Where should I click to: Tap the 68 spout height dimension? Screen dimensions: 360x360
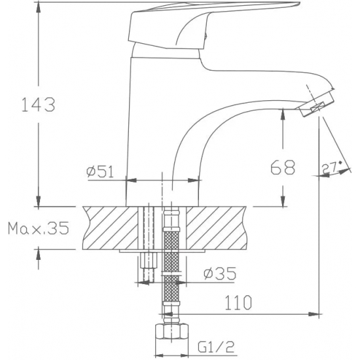(282, 167)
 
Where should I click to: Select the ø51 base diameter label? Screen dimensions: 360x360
(100, 171)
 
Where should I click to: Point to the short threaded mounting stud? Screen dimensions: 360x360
(148, 266)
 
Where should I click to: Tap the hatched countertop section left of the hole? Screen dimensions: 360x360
(111, 227)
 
